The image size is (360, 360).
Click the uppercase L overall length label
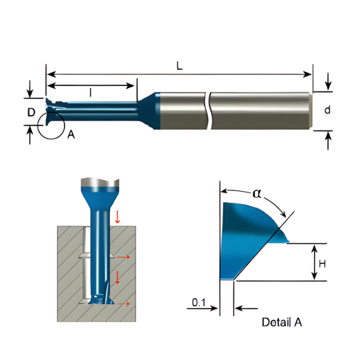point(179,66)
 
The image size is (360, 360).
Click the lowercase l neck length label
point(91,93)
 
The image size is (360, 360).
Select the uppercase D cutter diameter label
point(31,112)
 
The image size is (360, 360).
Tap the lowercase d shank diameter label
point(328,110)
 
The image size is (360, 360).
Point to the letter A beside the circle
point(71,134)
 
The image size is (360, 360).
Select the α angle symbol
point(257,193)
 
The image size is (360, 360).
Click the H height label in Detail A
point(322,264)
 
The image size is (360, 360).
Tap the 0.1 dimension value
point(199,303)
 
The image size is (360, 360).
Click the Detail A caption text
point(282,322)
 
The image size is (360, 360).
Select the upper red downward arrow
point(118,216)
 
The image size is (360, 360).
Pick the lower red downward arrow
point(118,277)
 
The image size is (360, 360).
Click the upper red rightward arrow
point(123,257)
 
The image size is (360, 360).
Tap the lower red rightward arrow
point(123,305)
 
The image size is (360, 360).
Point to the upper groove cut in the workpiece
point(82,256)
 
